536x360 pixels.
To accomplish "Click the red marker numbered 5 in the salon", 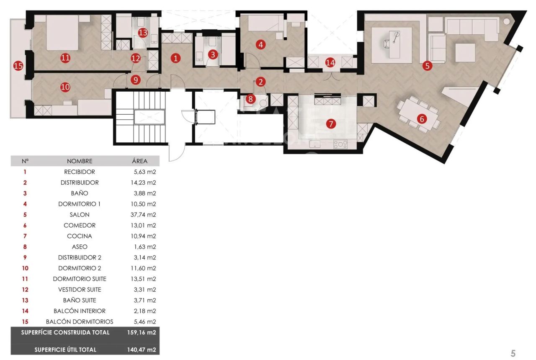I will (427, 65).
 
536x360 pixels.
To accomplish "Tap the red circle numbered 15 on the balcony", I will (18, 66).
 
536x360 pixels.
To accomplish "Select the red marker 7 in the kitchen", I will (331, 123).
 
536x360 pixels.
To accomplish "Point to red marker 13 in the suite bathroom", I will (143, 32).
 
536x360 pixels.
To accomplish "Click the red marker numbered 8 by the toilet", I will (250, 99).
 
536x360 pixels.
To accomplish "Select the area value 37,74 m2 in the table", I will (143, 215).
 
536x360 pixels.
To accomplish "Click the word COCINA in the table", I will (80, 236).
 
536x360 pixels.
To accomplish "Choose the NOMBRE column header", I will (80, 161).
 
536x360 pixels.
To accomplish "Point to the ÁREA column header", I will (139, 161).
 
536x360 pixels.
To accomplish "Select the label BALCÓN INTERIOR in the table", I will (80, 311).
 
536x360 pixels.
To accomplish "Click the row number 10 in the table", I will (25, 268).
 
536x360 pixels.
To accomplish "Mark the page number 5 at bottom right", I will (513, 353).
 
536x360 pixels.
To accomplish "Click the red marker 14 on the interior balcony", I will (330, 63).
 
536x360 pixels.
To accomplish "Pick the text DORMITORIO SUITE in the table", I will (80, 279).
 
